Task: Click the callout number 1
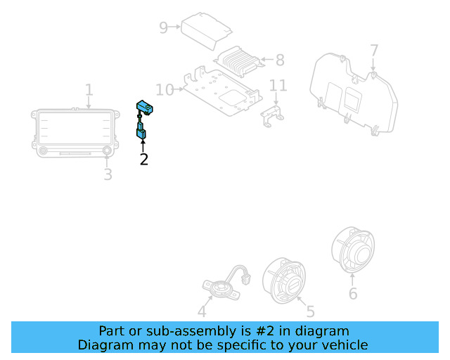(89, 90)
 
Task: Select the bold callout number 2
(143, 159)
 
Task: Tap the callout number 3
(108, 174)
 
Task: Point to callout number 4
(202, 311)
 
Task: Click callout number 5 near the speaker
(309, 311)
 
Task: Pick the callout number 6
(353, 293)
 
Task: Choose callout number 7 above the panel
(373, 51)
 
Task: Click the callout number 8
(279, 60)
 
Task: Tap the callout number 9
(163, 27)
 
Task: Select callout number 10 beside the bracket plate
(165, 89)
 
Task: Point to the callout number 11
(278, 86)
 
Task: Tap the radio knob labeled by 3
(108, 150)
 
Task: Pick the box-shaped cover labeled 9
(206, 30)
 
